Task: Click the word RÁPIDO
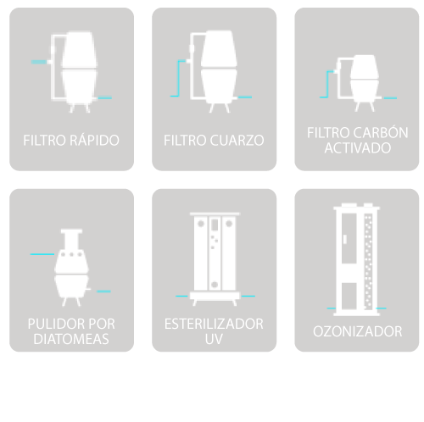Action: (94, 140)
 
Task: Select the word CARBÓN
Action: (381, 132)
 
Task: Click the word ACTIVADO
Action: (358, 147)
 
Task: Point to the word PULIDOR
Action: (54, 324)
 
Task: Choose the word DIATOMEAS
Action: (71, 339)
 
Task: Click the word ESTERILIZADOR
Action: (214, 324)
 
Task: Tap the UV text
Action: (214, 339)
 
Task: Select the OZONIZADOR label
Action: (357, 331)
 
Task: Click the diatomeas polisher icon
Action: (71, 267)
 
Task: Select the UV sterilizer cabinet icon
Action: (215, 258)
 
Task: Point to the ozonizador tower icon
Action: (357, 259)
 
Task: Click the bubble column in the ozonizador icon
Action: (368, 262)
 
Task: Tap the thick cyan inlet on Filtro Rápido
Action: (39, 62)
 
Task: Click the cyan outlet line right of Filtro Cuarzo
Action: (245, 97)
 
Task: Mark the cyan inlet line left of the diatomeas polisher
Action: (42, 254)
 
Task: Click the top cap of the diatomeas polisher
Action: (71, 231)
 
